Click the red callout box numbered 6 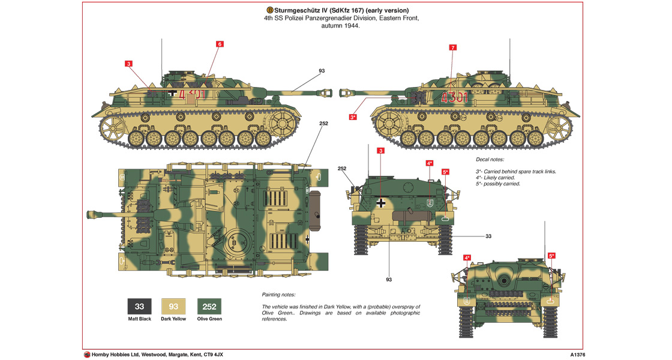point(220,44)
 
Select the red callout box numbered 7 point(452,47)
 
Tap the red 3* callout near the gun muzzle point(353,117)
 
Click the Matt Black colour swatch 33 point(139,307)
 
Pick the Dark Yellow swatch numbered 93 point(173,307)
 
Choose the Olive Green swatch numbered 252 point(209,307)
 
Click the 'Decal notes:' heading point(490,160)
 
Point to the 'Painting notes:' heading point(279,295)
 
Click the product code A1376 point(580,355)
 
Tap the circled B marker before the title point(269,10)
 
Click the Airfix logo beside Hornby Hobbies point(87,355)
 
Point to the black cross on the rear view point(381,203)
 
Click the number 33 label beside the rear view point(488,236)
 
